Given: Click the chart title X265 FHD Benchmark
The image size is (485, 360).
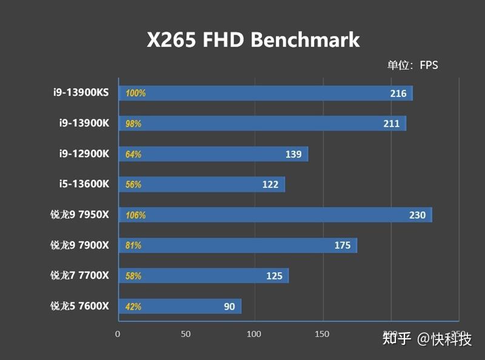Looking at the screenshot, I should [x=253, y=40].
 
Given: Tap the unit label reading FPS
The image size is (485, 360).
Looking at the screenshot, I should [x=412, y=65].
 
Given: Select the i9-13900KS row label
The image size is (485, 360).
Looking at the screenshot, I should [x=80, y=93].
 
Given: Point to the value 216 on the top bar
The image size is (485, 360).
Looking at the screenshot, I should [x=398, y=93].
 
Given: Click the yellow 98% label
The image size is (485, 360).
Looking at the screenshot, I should [x=133, y=124].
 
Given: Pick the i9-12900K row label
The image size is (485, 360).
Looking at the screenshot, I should [x=84, y=154].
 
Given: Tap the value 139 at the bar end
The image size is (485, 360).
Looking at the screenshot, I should [x=293, y=155].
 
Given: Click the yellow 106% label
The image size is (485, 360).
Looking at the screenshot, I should [x=135, y=215].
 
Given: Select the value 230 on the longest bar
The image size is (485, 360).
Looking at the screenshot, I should [x=418, y=215].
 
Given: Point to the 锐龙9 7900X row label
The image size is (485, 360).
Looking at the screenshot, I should [x=80, y=245].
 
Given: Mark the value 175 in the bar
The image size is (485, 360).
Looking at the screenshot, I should [x=343, y=245].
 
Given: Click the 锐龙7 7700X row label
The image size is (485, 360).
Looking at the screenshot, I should [x=80, y=276].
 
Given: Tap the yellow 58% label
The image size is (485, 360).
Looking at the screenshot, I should [x=133, y=276].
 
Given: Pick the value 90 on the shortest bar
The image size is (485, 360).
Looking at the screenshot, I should [x=229, y=307].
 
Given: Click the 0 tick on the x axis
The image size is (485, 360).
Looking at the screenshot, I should [x=118, y=333].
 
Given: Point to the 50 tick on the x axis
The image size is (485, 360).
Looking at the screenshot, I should [x=186, y=333].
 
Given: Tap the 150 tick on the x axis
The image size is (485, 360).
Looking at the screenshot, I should [x=323, y=333].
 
